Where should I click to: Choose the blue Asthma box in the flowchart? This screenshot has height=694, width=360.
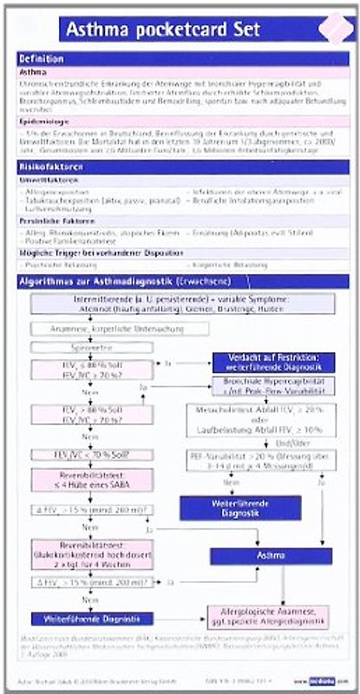click(x=271, y=554)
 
